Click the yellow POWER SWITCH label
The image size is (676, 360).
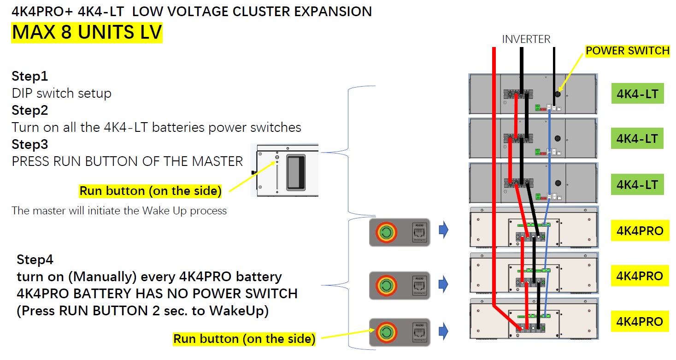[627, 51]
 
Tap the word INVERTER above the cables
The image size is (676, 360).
[526, 40]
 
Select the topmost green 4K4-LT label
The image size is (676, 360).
[637, 94]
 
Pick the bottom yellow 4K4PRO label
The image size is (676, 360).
[640, 322]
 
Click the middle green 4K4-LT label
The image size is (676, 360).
[637, 139]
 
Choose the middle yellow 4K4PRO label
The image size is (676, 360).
[640, 276]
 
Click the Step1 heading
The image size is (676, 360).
[30, 76]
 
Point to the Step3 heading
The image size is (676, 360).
[30, 144]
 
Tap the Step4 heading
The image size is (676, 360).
[35, 260]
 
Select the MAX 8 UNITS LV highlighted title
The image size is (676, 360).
[87, 32]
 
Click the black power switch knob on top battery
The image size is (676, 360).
[558, 94]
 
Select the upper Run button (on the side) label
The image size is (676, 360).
[150, 191]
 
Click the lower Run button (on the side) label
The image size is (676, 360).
[244, 339]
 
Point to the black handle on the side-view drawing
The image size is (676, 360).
[295, 173]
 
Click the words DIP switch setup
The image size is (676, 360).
[62, 93]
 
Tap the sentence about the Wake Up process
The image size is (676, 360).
[119, 211]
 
